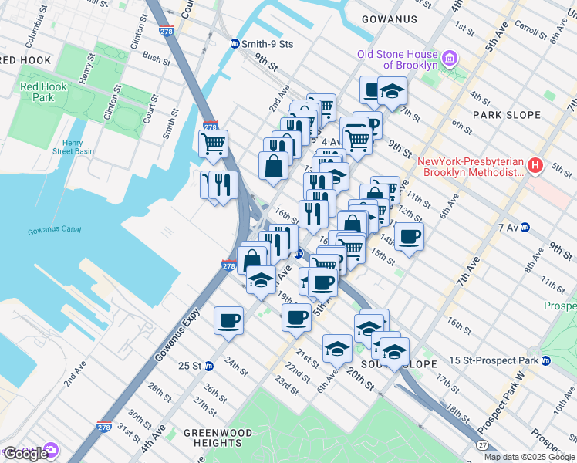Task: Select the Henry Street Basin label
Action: (83, 147)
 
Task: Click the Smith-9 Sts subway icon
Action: (236, 45)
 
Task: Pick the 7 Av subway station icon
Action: (525, 227)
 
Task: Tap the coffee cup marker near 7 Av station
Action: (409, 236)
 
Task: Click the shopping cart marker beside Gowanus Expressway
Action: (213, 143)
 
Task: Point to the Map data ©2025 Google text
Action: (529, 457)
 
